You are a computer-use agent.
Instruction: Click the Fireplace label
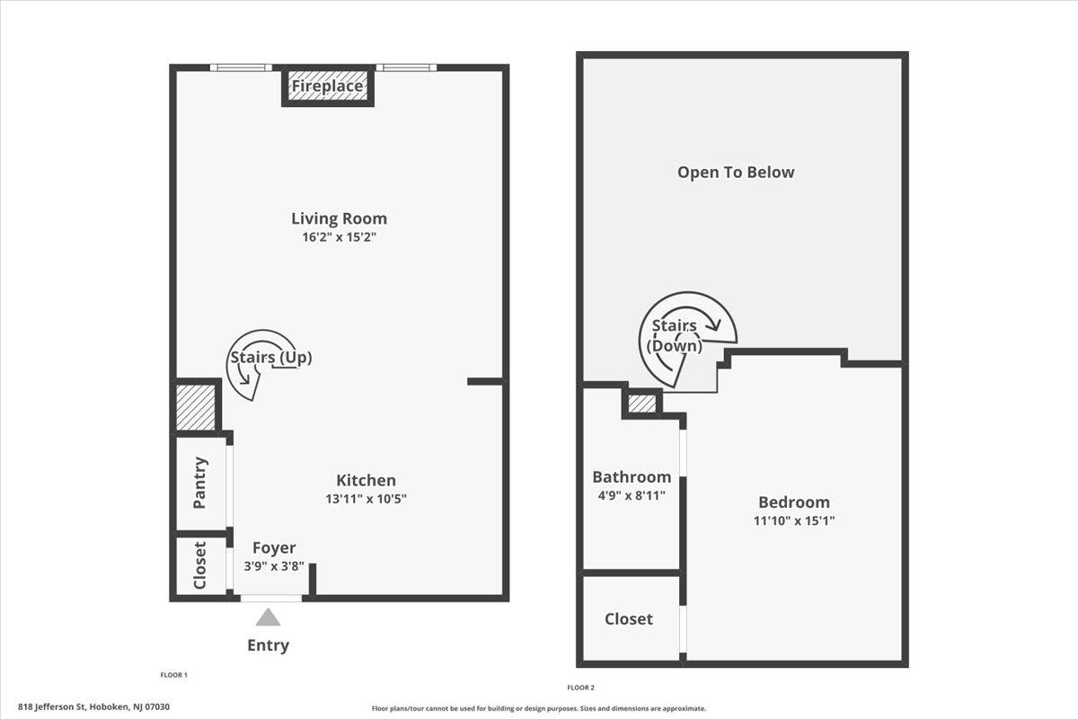pos(327,86)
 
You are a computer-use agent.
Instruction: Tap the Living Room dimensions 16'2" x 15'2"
pos(339,237)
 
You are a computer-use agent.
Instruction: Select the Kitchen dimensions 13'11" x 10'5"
pos(366,499)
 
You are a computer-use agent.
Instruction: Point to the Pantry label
pos(199,483)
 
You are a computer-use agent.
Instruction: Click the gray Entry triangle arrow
pos(268,617)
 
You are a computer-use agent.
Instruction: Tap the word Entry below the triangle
pos(268,644)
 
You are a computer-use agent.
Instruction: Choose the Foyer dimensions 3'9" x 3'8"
pos(274,566)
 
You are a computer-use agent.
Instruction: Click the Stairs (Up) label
pos(271,358)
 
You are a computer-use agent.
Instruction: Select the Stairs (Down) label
pos(675,335)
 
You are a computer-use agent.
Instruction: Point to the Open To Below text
pos(736,172)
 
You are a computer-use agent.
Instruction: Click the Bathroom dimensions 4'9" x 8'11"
pos(632,495)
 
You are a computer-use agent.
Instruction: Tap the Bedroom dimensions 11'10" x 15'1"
pos(794,520)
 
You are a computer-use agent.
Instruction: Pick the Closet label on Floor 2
pos(629,619)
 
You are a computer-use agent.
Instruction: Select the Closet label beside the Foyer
pos(199,565)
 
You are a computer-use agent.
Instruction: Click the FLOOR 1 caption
pos(173,675)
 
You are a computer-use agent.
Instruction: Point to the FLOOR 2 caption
pos(581,688)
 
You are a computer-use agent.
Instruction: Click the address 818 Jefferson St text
pos(93,707)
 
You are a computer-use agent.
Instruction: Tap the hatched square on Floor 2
pos(642,404)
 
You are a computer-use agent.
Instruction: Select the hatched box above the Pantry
pos(196,407)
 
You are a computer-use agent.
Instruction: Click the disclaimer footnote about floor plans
pos(538,708)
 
